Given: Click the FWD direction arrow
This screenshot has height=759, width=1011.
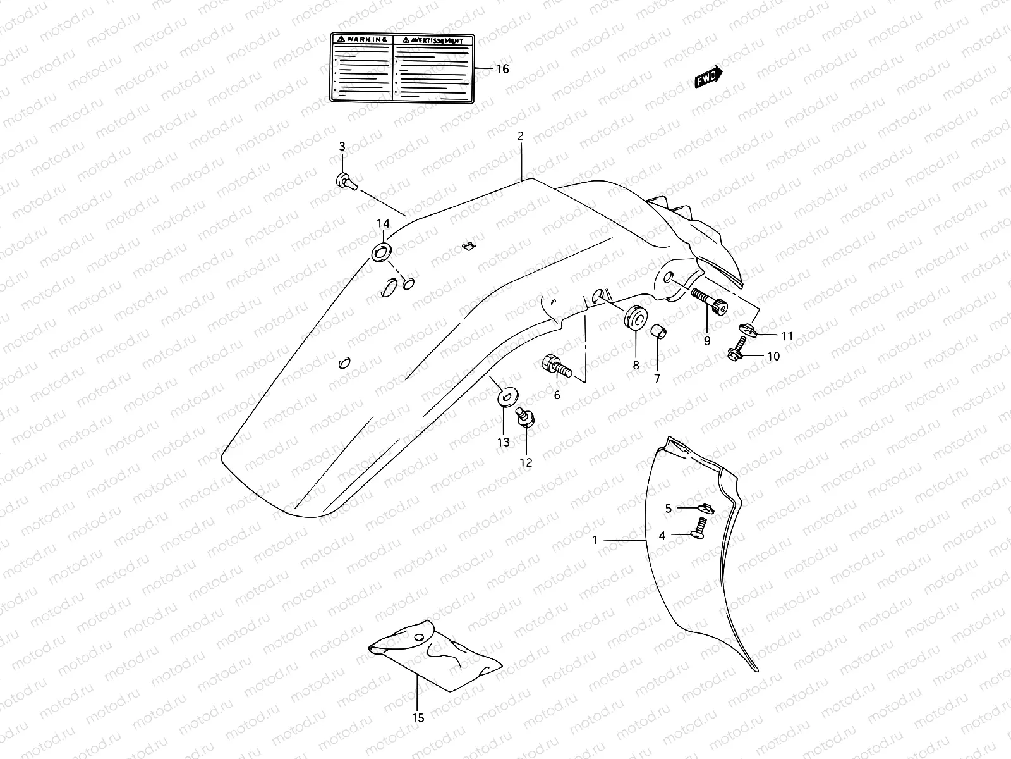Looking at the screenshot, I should tap(708, 77).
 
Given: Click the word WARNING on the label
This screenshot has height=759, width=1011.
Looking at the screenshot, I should tap(366, 39).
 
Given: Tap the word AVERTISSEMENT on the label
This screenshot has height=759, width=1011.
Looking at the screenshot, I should tap(437, 40).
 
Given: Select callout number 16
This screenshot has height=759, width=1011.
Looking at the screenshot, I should tap(502, 69).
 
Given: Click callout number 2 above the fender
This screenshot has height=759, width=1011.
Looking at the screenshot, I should tap(520, 136).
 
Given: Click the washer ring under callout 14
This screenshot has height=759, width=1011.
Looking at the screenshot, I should tap(382, 252).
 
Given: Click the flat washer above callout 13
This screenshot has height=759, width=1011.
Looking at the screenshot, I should tap(507, 398).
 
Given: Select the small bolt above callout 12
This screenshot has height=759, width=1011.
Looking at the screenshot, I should tap(524, 417).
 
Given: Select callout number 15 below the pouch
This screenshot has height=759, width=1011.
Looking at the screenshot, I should tap(418, 717).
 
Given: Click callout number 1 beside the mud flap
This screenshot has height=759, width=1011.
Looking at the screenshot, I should tap(595, 540).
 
